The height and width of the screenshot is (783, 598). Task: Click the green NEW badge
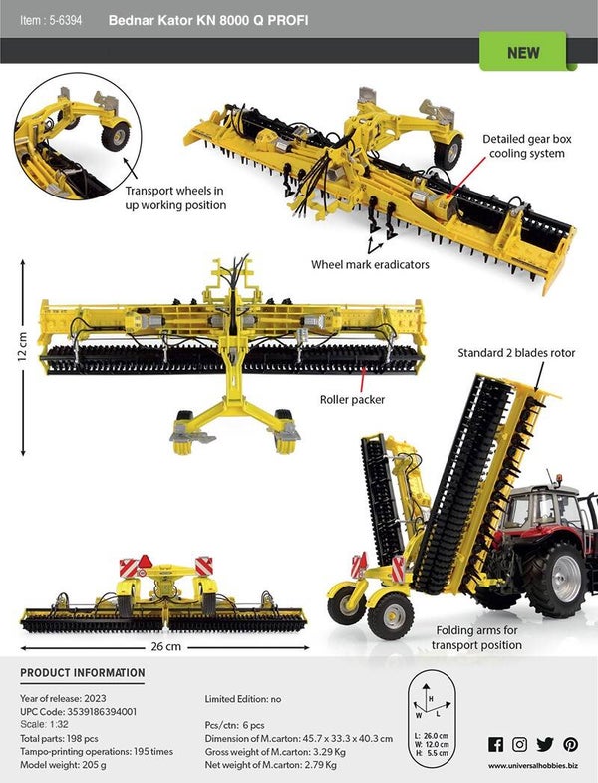pos(523,52)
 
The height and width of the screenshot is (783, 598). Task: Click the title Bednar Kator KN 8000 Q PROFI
pos(208,21)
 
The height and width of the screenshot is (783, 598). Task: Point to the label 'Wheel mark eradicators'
pos(370,264)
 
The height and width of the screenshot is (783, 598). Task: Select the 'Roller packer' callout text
pos(353,400)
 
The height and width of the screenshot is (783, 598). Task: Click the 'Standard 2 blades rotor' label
pos(516,353)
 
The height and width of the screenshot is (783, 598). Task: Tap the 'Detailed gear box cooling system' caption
pos(526,146)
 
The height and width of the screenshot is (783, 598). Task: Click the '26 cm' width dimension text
pos(166,646)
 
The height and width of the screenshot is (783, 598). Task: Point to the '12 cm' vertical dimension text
pos(23,346)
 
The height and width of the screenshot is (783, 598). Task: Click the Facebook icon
pos(495,744)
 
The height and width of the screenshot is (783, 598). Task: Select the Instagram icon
pos(519,744)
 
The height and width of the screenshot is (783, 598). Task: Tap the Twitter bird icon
pos(545,744)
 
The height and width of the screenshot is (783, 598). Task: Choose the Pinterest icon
pos(570,744)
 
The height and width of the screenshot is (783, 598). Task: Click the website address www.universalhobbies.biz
pos(533,765)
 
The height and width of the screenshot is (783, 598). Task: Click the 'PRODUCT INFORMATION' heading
pos(83,672)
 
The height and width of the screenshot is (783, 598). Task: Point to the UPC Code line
pos(78,711)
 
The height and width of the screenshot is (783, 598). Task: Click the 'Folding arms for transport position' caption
pos(476,637)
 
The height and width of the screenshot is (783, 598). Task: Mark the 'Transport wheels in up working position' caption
pos(175,197)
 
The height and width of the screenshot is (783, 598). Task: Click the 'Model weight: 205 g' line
pos(63,764)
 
